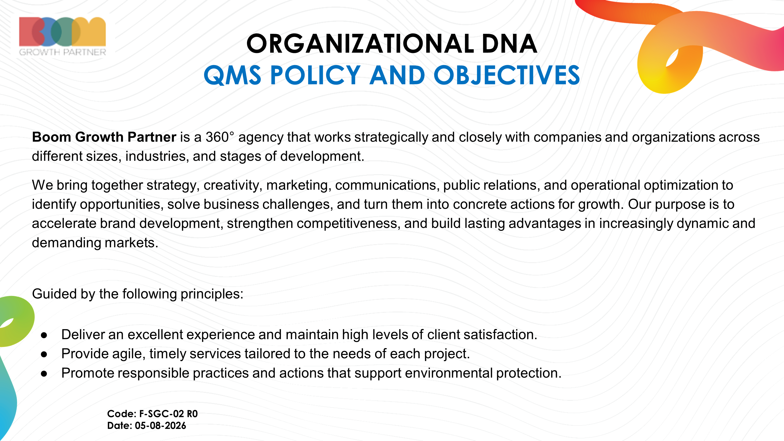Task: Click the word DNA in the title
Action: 510,44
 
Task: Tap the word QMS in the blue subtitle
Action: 233,75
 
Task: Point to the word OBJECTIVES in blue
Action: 507,75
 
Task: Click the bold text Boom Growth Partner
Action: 104,137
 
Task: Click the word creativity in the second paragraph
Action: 233,185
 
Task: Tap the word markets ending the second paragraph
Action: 132,243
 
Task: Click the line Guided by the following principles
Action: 137,294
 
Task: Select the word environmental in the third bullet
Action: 449,373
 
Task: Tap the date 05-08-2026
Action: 160,426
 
